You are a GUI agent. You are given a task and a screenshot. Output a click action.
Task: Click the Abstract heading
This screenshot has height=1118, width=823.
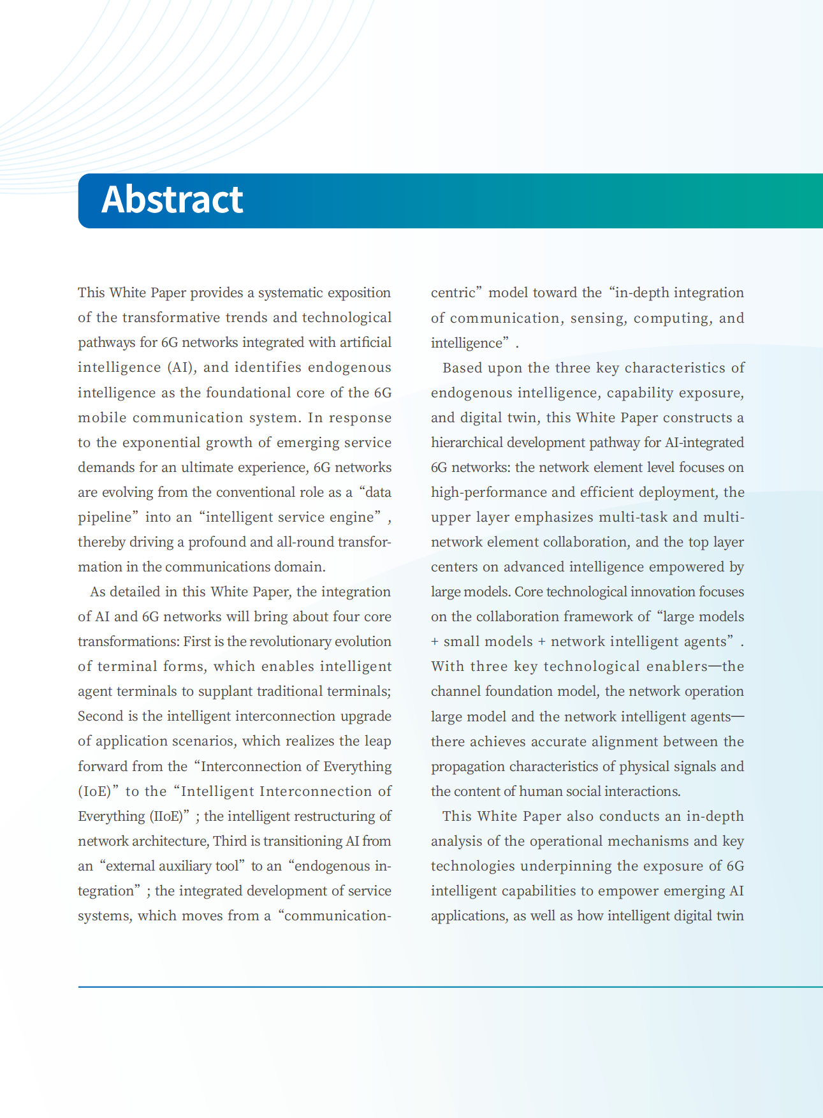click(x=172, y=200)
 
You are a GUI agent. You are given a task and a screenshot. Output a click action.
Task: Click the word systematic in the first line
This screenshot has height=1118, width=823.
click(x=291, y=293)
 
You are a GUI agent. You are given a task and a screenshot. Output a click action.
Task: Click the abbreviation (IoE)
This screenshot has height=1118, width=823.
click(x=99, y=791)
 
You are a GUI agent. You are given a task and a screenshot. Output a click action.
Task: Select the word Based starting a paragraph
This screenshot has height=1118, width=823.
click(x=462, y=368)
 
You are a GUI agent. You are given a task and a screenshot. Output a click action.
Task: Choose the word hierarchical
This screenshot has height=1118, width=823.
click(x=467, y=443)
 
